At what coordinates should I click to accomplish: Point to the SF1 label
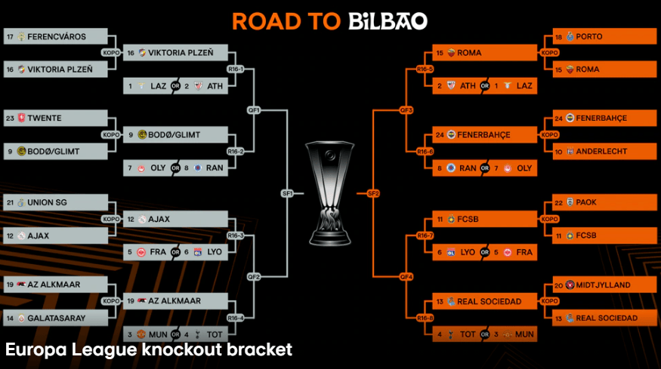tap(287, 193)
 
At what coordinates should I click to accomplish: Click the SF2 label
tap(372, 193)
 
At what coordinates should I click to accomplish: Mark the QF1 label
tap(254, 110)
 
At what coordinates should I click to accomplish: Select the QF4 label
tap(406, 276)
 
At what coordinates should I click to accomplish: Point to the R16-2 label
tap(235, 151)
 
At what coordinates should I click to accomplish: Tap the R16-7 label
tap(425, 235)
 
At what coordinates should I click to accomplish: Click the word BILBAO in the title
tap(388, 20)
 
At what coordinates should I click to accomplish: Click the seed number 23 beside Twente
tap(10, 118)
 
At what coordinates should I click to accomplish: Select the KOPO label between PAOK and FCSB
tap(549, 219)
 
